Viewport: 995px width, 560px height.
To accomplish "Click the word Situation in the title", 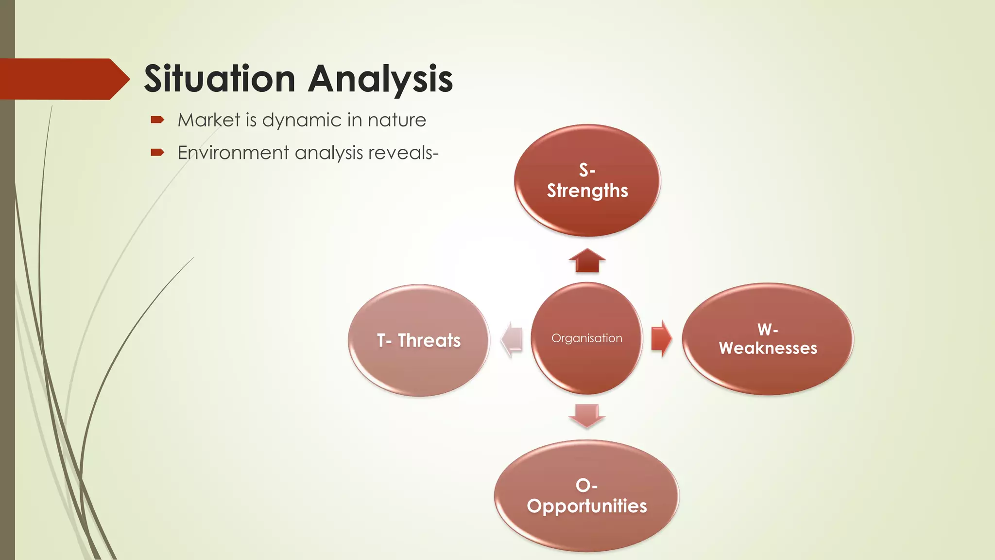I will tap(220, 79).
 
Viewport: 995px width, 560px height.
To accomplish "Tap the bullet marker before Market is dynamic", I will tap(157, 120).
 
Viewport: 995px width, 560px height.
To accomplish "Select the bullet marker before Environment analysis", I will tap(157, 153).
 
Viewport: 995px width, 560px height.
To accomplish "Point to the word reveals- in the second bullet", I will tap(403, 153).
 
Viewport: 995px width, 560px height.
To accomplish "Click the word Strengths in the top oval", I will tap(587, 191).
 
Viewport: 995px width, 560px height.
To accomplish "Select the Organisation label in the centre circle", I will tap(586, 338).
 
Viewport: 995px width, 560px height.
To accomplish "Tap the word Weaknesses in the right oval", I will tap(768, 348).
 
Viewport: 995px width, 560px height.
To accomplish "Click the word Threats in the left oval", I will tap(429, 340).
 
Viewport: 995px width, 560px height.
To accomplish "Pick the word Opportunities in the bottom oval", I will tap(586, 506).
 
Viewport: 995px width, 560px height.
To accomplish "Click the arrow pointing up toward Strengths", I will tap(587, 261).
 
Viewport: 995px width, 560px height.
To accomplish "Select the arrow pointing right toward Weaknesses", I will tap(661, 338).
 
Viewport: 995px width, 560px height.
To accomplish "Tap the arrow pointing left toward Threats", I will tap(512, 339).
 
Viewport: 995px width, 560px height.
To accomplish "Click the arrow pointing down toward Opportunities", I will tap(587, 415).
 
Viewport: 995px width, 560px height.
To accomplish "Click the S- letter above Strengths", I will tap(587, 170).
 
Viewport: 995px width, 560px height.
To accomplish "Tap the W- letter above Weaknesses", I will tap(768, 330).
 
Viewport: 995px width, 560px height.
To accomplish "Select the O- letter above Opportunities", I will tap(586, 485).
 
